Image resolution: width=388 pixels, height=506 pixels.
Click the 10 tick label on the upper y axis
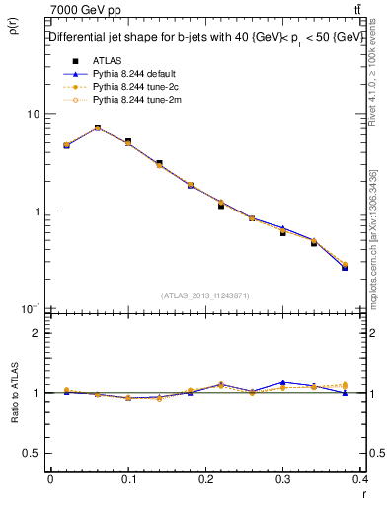(33, 114)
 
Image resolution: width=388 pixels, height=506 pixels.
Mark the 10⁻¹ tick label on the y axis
(31, 308)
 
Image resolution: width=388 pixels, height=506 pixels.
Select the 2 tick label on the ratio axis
(37, 333)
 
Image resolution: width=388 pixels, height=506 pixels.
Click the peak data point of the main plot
(98, 127)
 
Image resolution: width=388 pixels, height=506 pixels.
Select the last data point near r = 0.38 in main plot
(345, 267)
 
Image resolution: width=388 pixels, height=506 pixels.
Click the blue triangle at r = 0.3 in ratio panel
(282, 381)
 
